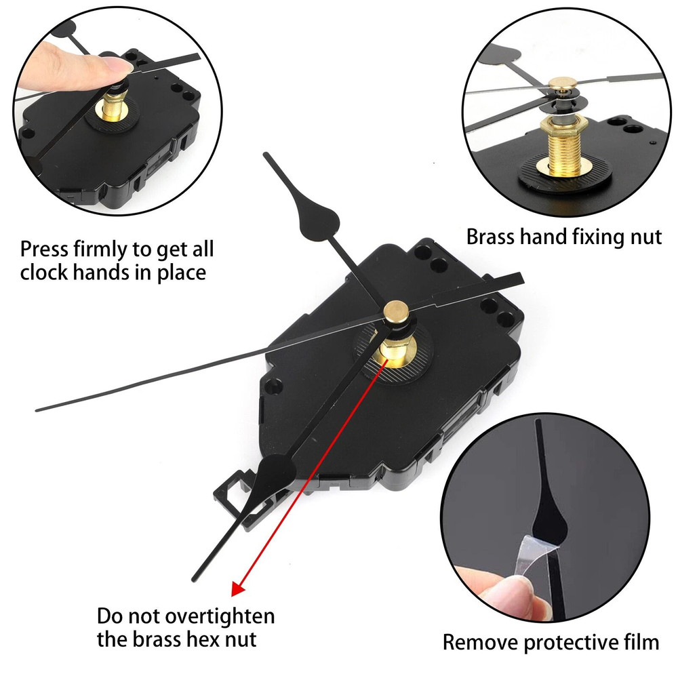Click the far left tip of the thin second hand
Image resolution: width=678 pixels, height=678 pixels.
pyautogui.click(x=37, y=410)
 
